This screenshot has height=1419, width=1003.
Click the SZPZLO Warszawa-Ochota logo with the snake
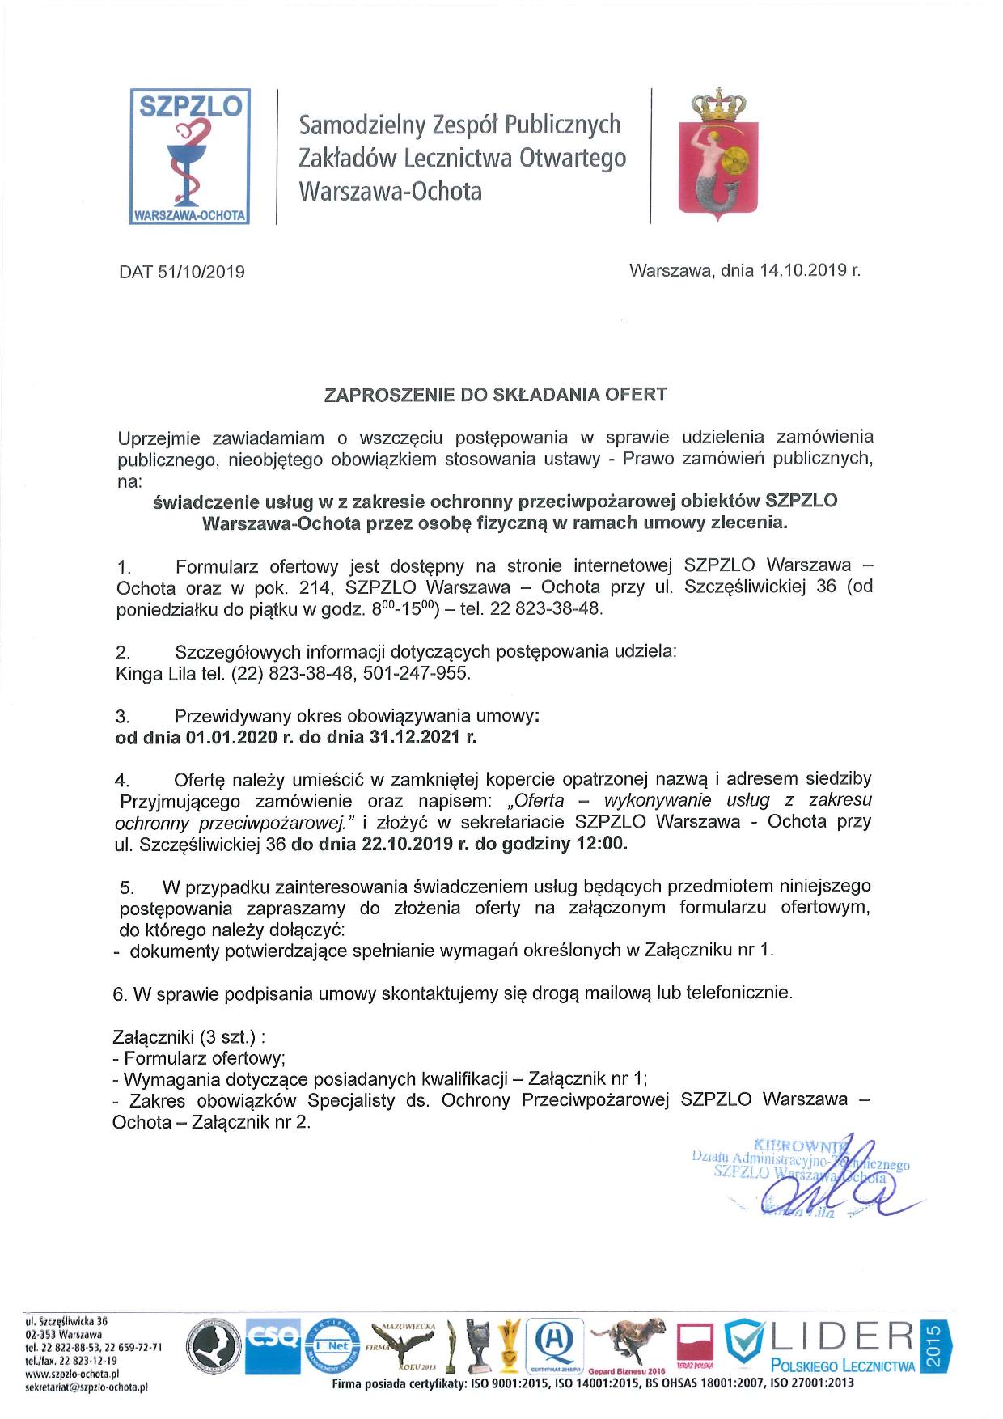(x=191, y=156)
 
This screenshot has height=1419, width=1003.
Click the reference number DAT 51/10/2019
(x=182, y=272)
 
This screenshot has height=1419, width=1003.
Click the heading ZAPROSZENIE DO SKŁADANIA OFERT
(x=495, y=395)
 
